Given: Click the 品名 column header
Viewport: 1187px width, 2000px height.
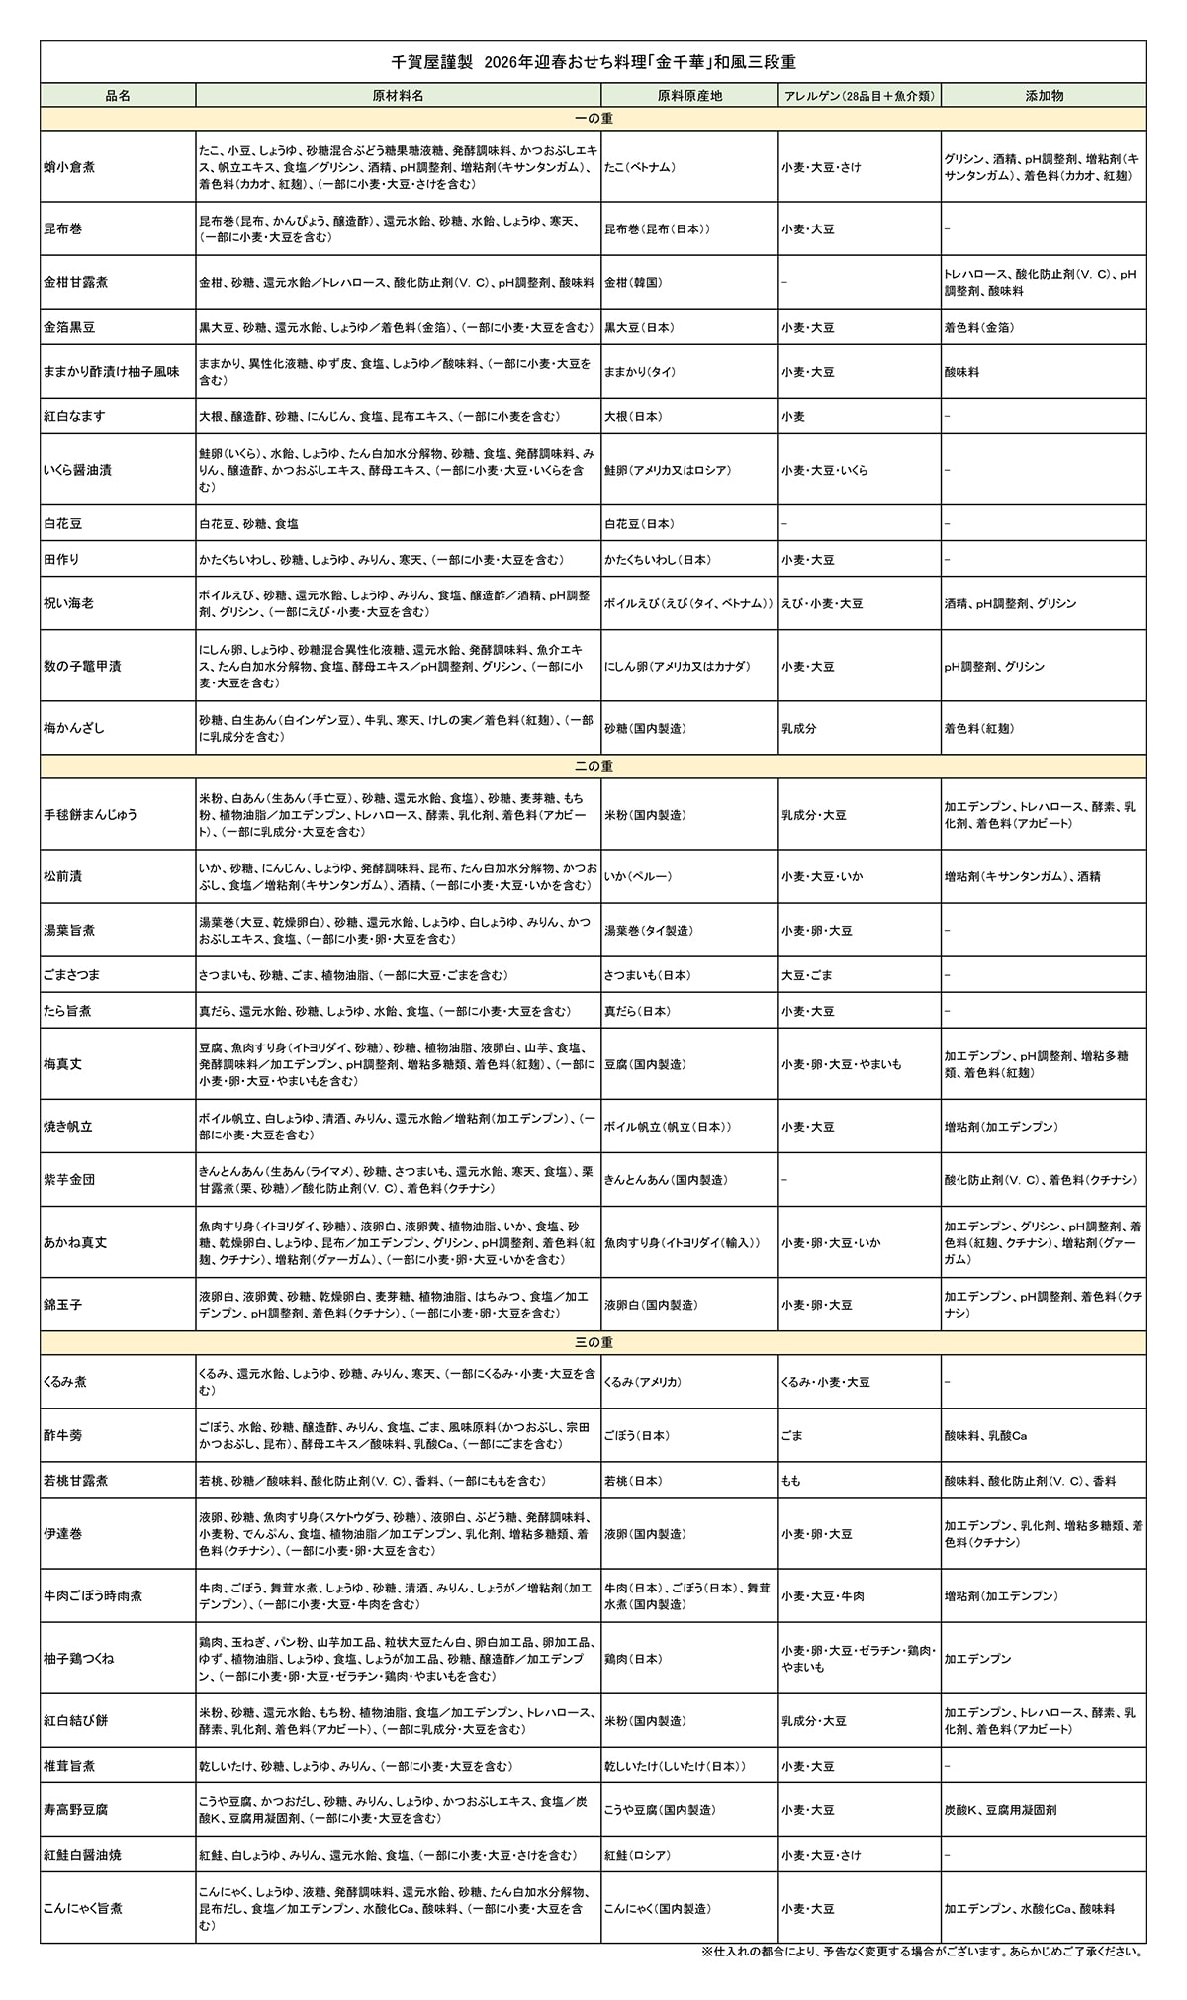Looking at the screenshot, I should (x=118, y=95).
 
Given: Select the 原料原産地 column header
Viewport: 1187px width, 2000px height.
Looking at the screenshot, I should (x=689, y=95).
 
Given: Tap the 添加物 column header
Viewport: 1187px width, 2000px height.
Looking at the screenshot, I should (x=1044, y=95).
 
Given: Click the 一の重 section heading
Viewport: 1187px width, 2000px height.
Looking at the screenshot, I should (x=593, y=119).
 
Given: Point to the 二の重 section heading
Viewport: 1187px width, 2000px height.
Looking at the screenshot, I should (x=593, y=766).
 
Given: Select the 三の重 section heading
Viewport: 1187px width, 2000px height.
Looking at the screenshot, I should (x=593, y=1342).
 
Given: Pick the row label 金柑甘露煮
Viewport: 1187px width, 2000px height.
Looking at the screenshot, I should (x=76, y=282).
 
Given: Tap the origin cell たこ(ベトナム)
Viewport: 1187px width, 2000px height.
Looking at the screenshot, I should (x=640, y=167).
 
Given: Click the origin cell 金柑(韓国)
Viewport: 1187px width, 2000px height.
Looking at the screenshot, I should (x=634, y=282).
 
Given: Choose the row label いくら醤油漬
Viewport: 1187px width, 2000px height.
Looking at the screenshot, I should (x=78, y=470).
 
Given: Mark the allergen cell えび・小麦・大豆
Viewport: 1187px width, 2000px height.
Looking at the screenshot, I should (x=821, y=603).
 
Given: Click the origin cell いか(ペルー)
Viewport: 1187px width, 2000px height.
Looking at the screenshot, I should (x=638, y=876).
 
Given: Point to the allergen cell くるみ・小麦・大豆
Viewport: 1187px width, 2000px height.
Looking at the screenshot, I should (x=825, y=1382).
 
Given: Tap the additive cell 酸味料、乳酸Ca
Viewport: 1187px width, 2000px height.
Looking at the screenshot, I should (x=985, y=1435).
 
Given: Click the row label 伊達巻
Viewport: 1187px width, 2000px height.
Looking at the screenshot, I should (x=63, y=1533).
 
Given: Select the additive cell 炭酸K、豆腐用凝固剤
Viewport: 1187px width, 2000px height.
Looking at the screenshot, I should (x=999, y=1809).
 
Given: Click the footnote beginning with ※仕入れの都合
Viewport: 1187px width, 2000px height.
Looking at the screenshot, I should (x=921, y=1952).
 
